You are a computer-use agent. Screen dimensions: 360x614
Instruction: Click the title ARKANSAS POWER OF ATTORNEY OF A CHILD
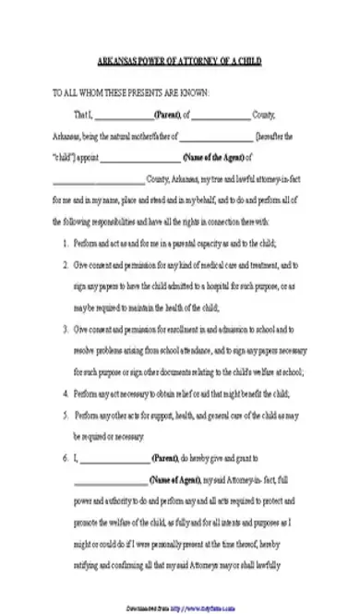point(180,62)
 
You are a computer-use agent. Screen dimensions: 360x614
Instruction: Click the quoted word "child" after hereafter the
point(65,157)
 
